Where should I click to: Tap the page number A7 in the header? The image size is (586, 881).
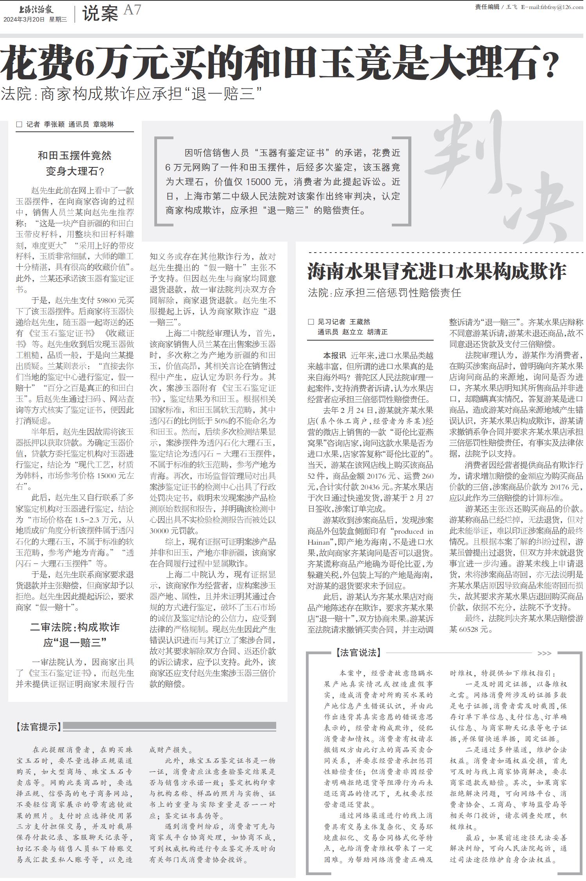click(x=132, y=10)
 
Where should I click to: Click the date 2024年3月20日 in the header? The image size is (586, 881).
click(x=24, y=20)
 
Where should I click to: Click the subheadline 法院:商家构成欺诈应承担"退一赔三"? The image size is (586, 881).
click(x=131, y=94)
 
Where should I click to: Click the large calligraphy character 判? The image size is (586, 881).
click(x=473, y=149)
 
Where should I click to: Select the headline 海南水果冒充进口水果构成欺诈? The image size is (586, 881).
click(x=436, y=272)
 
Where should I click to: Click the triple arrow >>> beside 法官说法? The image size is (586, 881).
click(x=544, y=653)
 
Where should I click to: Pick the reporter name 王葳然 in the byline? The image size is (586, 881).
click(x=359, y=322)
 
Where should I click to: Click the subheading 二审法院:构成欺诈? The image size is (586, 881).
click(x=75, y=627)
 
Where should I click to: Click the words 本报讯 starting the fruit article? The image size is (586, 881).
click(x=334, y=355)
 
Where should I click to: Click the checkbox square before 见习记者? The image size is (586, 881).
click(x=311, y=322)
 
